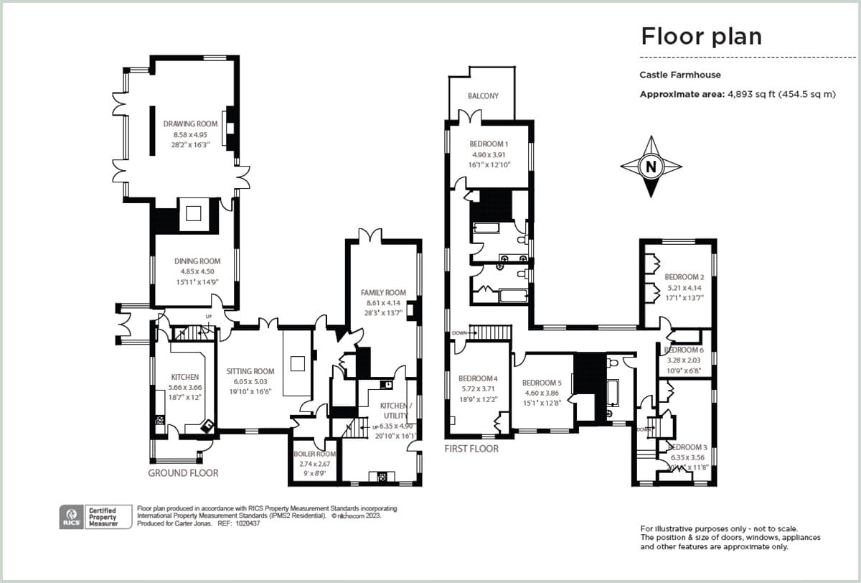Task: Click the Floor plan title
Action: pyautogui.click(x=701, y=36)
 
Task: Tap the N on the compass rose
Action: pyautogui.click(x=651, y=167)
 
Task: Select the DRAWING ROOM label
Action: pyautogui.click(x=190, y=124)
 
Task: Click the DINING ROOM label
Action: pyautogui.click(x=197, y=261)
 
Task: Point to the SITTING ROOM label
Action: pyautogui.click(x=250, y=371)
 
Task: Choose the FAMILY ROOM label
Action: pyautogui.click(x=384, y=293)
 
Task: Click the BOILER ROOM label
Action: pyautogui.click(x=315, y=454)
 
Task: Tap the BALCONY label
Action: pyautogui.click(x=483, y=95)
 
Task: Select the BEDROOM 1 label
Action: pyautogui.click(x=489, y=144)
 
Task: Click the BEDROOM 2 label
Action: pyautogui.click(x=684, y=276)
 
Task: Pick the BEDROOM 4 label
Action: pyautogui.click(x=478, y=378)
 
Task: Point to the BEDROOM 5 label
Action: pyautogui.click(x=542, y=383)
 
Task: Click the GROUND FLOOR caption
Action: pyautogui.click(x=183, y=473)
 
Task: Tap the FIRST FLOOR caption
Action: pyautogui.click(x=471, y=449)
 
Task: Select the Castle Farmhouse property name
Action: pyautogui.click(x=680, y=75)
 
